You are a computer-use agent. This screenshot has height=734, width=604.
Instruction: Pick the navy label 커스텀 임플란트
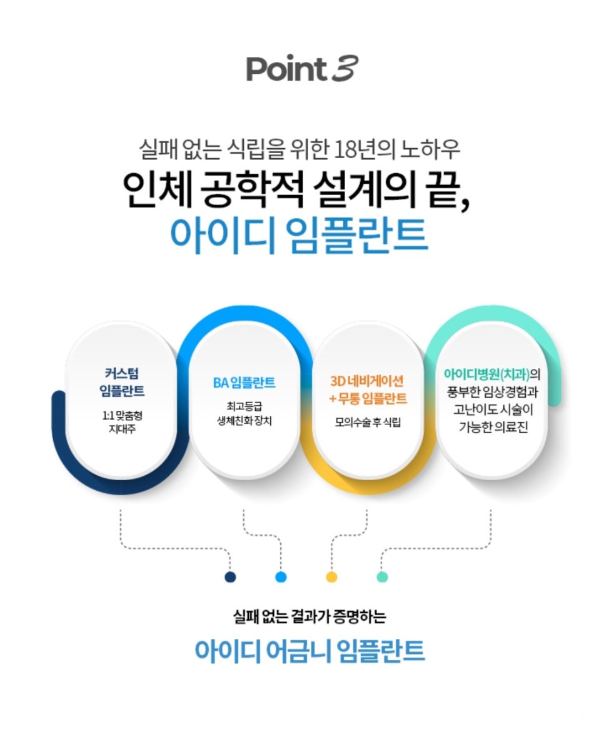122,383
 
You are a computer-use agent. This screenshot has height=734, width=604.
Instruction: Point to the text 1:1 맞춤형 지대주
122,422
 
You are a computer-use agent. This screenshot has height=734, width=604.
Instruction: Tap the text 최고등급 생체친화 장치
244,415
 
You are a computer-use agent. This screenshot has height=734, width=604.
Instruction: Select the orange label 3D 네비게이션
367,380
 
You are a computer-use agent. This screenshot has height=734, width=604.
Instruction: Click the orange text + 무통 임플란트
367,398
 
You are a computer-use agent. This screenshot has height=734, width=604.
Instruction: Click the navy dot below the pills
231,576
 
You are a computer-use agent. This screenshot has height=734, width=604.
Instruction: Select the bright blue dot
281,576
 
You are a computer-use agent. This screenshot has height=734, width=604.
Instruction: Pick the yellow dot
332,576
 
